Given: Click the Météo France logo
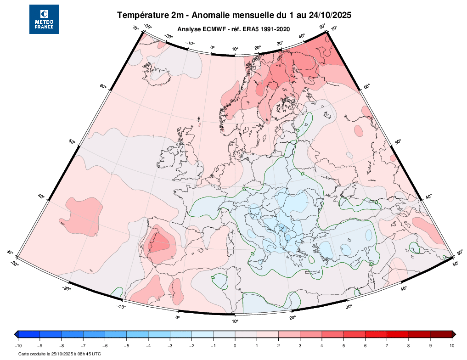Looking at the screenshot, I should coord(44,19).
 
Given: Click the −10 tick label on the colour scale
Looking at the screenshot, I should coord(18,345).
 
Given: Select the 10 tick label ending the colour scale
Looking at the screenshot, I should coord(452,345).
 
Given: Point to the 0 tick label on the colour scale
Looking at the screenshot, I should coord(235,345).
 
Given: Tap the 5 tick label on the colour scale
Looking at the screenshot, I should coord(343,345).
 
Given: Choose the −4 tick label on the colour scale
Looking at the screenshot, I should coord(148,345).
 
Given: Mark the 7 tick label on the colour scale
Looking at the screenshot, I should coord(387,345).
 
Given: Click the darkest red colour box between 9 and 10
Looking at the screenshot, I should coord(441,334).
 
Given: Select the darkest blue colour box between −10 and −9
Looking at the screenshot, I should coord(29,334).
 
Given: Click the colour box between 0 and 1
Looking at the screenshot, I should coord(246,334).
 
